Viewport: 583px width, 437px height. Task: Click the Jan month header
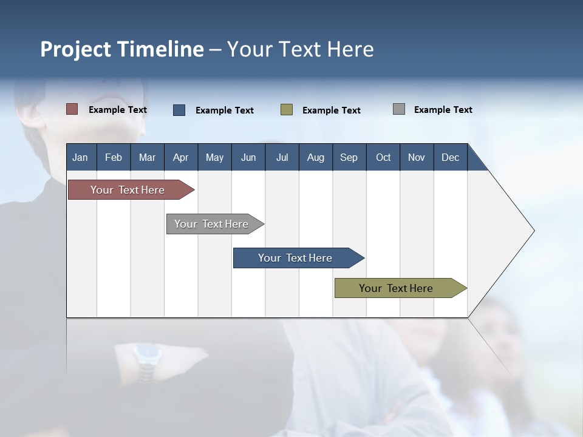click(80, 157)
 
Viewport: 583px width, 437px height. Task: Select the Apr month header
click(180, 157)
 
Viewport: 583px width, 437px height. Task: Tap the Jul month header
click(282, 157)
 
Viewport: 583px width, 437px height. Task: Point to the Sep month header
click(349, 157)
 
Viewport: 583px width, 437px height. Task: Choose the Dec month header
click(450, 157)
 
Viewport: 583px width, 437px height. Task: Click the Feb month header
click(114, 157)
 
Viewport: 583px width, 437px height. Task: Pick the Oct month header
click(383, 157)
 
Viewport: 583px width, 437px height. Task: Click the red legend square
click(72, 109)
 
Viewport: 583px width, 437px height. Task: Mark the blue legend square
click(179, 110)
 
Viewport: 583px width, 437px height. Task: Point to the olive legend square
click(287, 110)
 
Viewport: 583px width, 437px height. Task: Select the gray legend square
click(399, 109)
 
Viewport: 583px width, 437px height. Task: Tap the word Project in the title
click(75, 49)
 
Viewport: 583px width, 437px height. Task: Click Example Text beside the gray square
click(443, 110)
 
